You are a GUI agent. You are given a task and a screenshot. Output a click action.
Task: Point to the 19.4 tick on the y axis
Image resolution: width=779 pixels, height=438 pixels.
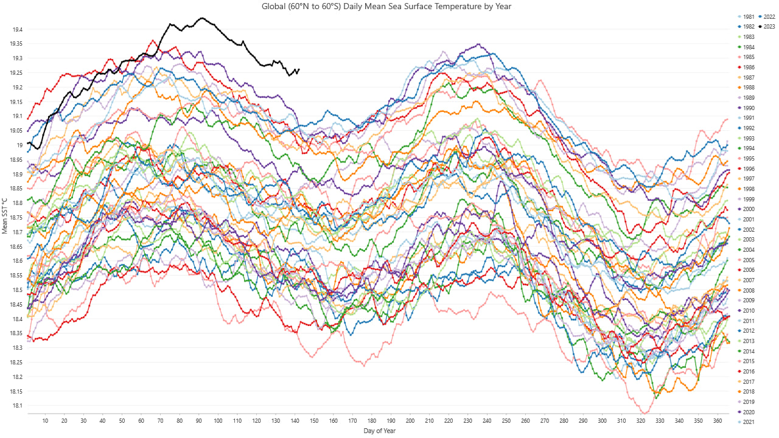(x=17, y=30)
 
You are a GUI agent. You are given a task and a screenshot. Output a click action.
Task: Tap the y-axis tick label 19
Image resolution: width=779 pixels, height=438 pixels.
(x=20, y=145)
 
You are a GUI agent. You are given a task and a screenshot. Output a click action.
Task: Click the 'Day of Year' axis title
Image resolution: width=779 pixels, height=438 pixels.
(x=379, y=431)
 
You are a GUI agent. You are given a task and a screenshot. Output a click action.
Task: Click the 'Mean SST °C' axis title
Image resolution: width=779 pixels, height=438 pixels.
(x=5, y=215)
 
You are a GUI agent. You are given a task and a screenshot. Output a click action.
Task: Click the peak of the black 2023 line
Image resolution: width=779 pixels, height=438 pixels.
(x=202, y=18)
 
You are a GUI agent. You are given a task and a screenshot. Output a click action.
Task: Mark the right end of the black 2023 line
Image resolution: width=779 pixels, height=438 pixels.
(x=298, y=69)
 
